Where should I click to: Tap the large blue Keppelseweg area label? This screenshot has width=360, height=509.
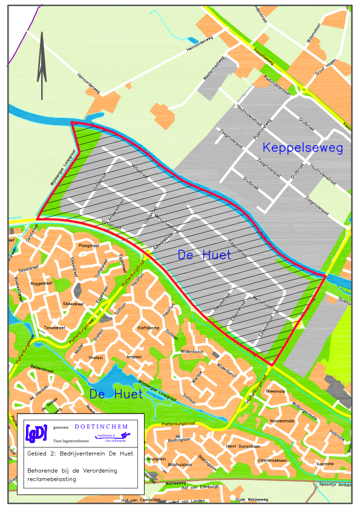[x=303, y=148]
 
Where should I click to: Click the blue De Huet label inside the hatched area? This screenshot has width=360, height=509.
[x=205, y=256]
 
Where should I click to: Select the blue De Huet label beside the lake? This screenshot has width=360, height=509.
[x=116, y=395]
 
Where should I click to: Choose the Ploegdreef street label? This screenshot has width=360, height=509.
[x=90, y=246]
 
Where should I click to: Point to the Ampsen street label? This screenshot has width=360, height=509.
[x=134, y=357]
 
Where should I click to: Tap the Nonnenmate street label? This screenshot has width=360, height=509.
[x=281, y=421]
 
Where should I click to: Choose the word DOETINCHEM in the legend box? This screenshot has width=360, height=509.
[x=105, y=427]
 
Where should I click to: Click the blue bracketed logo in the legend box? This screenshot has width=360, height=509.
[x=36, y=433]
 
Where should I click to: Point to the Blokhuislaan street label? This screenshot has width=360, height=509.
[x=180, y=464]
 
